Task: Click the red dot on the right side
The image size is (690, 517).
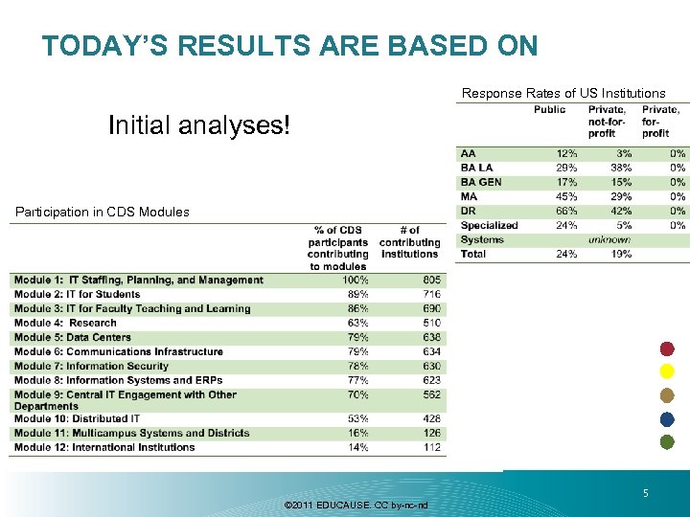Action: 668,348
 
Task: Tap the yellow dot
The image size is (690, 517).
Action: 668,371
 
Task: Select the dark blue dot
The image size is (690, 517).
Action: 668,418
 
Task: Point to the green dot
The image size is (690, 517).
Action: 668,441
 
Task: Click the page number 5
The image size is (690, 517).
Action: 646,494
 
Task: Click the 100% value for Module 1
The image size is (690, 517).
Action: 355,280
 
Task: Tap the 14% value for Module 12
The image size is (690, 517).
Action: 357,447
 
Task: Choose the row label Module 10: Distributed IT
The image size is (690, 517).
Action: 78,418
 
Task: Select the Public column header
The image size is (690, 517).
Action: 549,110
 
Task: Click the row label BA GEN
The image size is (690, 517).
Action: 481,182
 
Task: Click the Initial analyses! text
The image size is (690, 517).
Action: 198,125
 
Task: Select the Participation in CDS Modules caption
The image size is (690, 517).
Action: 101,212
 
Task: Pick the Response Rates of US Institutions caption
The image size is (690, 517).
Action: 563,93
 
